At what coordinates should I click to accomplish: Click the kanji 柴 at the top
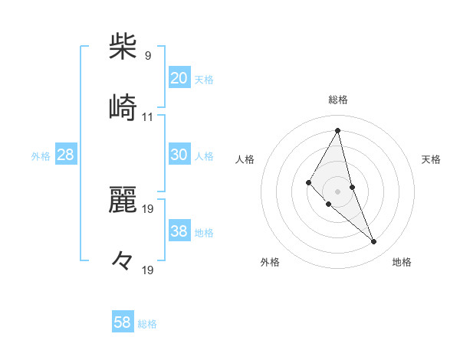point(123,47)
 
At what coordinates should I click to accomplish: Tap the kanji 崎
point(123,108)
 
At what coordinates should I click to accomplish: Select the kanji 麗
point(123,200)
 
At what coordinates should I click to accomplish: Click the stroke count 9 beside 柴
point(147,56)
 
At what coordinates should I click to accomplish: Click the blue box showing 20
point(179,77)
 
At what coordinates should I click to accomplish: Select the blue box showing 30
point(179,155)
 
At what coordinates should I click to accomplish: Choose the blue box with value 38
point(179,231)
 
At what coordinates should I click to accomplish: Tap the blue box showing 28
point(65,155)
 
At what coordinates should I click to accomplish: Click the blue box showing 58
point(122,322)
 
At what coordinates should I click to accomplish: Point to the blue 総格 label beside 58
point(147,324)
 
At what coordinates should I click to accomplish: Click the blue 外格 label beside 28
point(41,156)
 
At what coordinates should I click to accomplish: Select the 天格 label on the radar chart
point(432,159)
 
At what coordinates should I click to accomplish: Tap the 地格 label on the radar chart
point(402,262)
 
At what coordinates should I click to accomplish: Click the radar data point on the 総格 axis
point(337,130)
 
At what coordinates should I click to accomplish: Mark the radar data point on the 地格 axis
point(373,241)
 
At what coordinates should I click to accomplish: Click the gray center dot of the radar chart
point(337,191)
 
